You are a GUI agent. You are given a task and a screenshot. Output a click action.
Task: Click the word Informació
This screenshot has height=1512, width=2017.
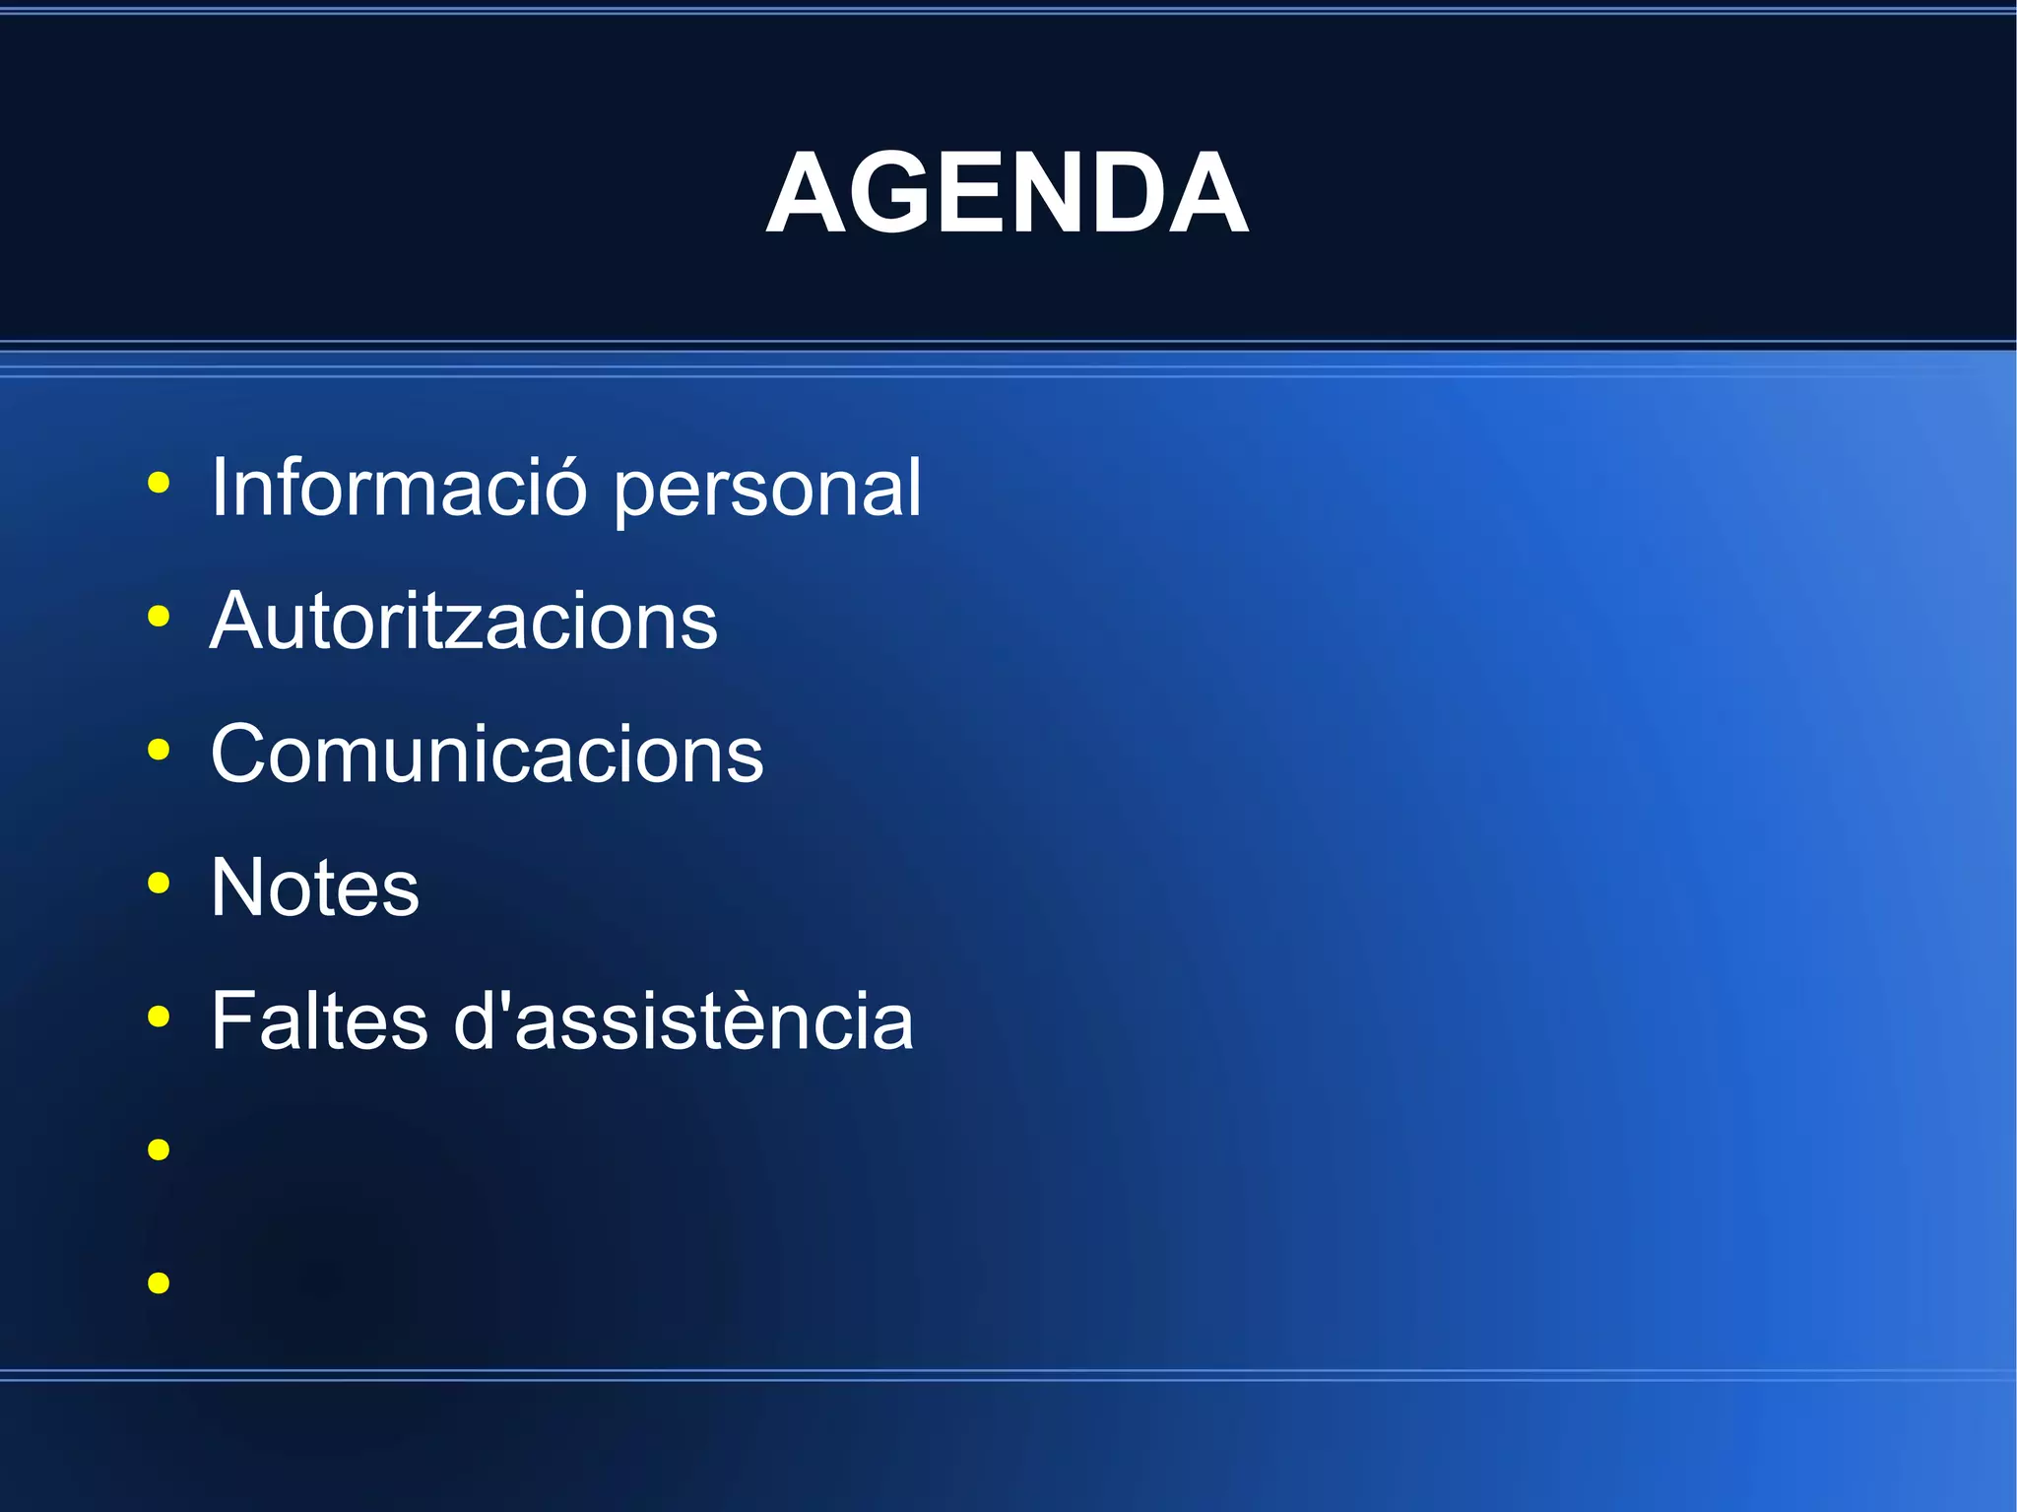pyautogui.click(x=399, y=487)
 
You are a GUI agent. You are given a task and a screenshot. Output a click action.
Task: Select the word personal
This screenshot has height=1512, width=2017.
pyautogui.click(x=767, y=490)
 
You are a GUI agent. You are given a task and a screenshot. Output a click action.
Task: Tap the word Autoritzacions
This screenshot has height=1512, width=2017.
pyautogui.click(x=464, y=621)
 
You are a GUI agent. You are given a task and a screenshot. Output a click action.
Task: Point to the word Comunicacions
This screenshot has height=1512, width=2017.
pyautogui.click(x=487, y=754)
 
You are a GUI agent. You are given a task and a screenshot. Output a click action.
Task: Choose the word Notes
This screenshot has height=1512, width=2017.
pyautogui.click(x=315, y=887)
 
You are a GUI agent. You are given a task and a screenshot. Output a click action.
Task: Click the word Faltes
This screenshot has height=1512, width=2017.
pyautogui.click(x=319, y=1020)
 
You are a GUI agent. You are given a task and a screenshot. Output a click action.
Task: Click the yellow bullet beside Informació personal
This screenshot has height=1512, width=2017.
pyautogui.click(x=159, y=483)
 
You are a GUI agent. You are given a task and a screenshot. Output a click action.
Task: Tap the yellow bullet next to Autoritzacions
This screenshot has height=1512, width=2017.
pyautogui.click(x=159, y=617)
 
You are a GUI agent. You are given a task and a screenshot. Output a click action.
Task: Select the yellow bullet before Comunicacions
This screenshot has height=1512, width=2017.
pyautogui.click(x=159, y=750)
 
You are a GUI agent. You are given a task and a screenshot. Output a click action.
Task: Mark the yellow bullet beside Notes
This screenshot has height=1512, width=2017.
pyautogui.click(x=159, y=883)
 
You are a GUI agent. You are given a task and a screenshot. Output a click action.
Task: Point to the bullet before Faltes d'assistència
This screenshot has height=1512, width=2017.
pyautogui.click(x=159, y=1016)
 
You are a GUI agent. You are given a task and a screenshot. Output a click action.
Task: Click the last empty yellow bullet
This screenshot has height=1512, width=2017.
pyautogui.click(x=159, y=1282)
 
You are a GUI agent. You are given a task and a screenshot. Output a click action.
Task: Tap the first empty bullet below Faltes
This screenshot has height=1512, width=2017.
pyautogui.click(x=159, y=1149)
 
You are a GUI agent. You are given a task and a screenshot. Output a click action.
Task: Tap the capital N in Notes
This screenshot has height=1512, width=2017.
pyautogui.click(x=239, y=887)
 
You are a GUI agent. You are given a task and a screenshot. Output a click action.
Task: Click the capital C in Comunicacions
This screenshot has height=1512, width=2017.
pyautogui.click(x=242, y=754)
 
